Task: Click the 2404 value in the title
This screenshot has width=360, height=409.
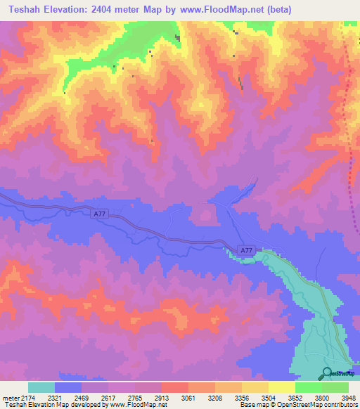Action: (x=105, y=9)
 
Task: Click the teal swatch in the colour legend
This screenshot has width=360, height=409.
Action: (x=41, y=387)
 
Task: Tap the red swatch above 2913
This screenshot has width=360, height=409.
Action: (x=174, y=387)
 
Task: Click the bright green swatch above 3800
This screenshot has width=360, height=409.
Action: (x=308, y=387)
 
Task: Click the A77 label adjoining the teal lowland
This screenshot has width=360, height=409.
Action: (x=245, y=250)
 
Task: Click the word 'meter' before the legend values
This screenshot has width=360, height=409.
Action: (x=9, y=397)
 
